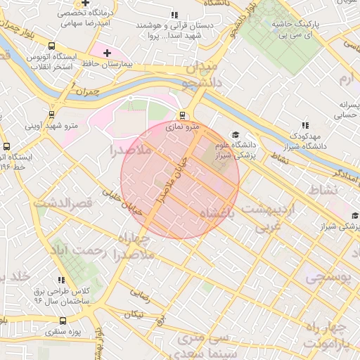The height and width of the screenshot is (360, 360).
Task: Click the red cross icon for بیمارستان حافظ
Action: pyautogui.click(x=107, y=53)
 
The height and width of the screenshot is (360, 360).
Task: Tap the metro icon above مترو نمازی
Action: pyautogui.click(x=183, y=115)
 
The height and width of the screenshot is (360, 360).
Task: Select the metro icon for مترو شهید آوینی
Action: pyautogui.click(x=51, y=115)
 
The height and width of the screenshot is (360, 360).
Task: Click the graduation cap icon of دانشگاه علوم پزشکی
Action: pyautogui.click(x=235, y=135)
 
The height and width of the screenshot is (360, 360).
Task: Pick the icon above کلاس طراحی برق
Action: pyautogui.click(x=61, y=280)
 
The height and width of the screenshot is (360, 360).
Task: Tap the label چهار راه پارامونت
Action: pyautogui.click(x=331, y=336)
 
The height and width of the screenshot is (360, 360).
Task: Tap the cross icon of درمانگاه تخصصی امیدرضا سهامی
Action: pyautogui.click(x=86, y=4)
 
